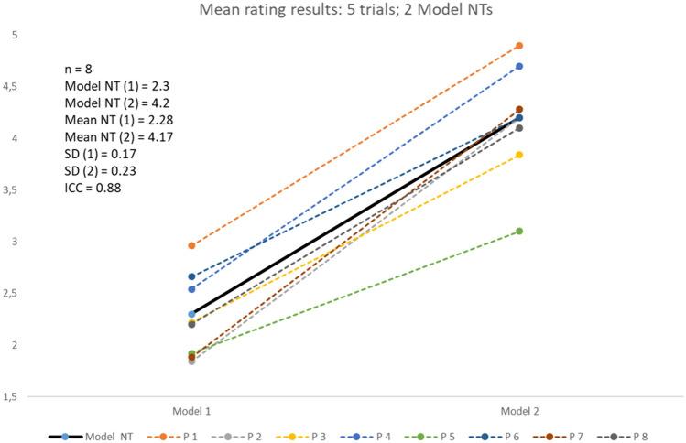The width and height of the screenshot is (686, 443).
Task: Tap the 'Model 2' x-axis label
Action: click(x=518, y=411)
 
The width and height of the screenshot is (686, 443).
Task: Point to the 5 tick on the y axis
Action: click(x=14, y=35)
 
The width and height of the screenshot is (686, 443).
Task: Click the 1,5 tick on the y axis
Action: click(x=14, y=397)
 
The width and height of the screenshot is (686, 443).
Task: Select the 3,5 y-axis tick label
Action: click(x=14, y=190)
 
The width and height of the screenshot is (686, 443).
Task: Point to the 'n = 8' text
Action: click(x=73, y=67)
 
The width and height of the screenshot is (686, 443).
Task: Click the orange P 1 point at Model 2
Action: click(x=518, y=46)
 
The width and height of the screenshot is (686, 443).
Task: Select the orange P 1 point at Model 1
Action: click(x=191, y=245)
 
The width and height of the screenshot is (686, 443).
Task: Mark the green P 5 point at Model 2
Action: click(x=518, y=231)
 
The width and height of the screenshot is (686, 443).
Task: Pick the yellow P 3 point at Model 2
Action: click(x=518, y=155)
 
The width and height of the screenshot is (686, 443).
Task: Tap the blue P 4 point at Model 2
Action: click(x=518, y=66)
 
